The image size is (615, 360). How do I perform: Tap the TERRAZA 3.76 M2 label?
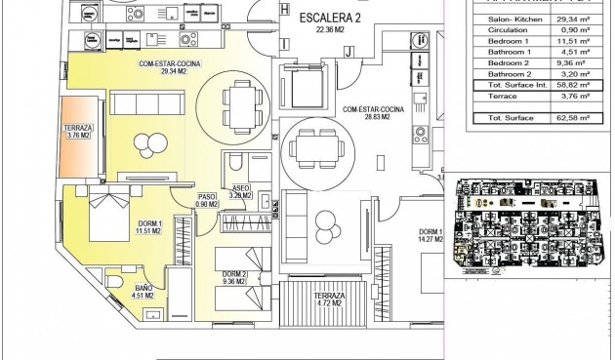(78, 135)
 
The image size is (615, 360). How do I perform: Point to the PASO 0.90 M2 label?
(207, 201)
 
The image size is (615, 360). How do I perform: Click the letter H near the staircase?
(284, 9)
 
